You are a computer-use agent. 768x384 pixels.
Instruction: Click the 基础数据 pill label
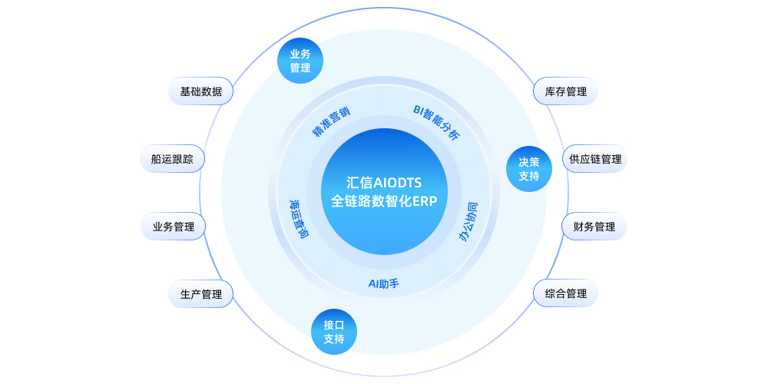(201, 91)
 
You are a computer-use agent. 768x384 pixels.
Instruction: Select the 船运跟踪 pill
(172, 159)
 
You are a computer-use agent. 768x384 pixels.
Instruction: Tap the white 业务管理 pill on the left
(173, 227)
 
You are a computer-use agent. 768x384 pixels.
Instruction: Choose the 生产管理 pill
(200, 293)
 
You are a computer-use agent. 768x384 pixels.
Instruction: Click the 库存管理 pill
(565, 91)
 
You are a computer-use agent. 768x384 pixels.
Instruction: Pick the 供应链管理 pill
(595, 159)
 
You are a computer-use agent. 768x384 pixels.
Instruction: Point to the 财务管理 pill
(594, 227)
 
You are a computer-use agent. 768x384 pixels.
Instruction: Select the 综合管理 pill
(565, 293)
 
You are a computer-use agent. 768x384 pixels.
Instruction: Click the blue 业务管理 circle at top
(300, 61)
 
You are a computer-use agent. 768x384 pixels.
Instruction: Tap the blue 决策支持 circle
(529, 169)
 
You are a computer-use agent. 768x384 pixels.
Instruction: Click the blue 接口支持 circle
(334, 331)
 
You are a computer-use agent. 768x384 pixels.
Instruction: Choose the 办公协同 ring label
(468, 222)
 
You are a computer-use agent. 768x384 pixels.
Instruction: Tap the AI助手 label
(384, 283)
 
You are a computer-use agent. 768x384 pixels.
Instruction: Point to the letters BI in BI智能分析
(419, 111)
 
